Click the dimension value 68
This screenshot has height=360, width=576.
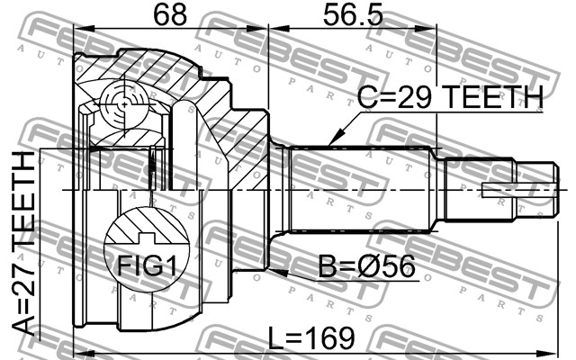point(170,14)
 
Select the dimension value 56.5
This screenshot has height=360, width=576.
point(353,14)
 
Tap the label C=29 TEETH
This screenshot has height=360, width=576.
point(450,97)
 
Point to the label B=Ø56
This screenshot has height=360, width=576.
point(366,267)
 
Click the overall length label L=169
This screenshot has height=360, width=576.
point(311,338)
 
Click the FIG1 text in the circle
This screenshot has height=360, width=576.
point(147,265)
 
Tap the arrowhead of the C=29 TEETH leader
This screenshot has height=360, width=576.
point(333,140)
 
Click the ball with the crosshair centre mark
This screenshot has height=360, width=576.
point(124,105)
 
